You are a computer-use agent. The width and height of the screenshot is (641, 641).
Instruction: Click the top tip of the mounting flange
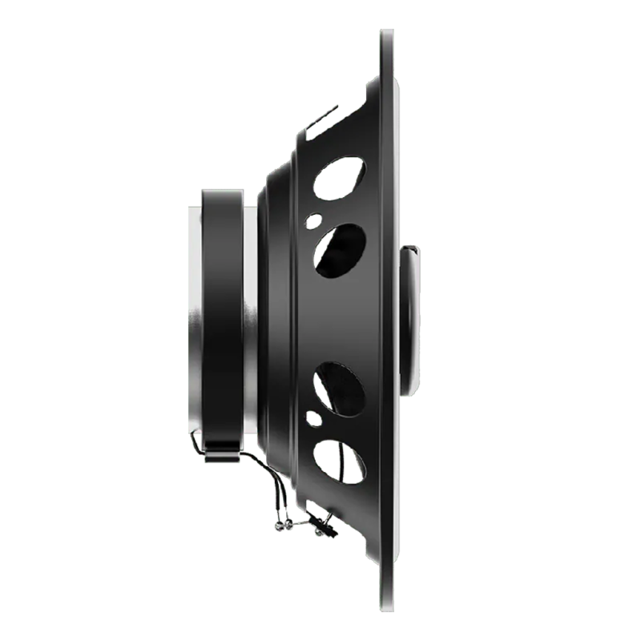[387, 34]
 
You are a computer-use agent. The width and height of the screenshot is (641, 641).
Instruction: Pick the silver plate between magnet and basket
[252, 320]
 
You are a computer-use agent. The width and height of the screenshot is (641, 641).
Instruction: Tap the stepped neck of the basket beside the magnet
[276, 320]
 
